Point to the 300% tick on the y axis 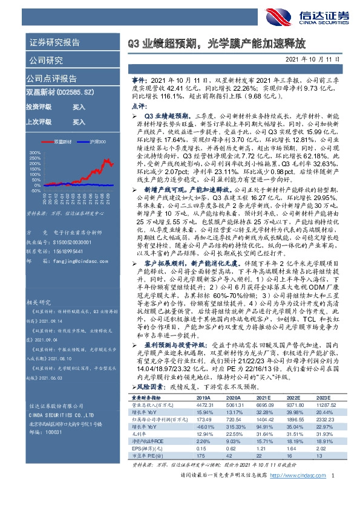(35, 152)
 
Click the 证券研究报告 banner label (54, 42)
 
